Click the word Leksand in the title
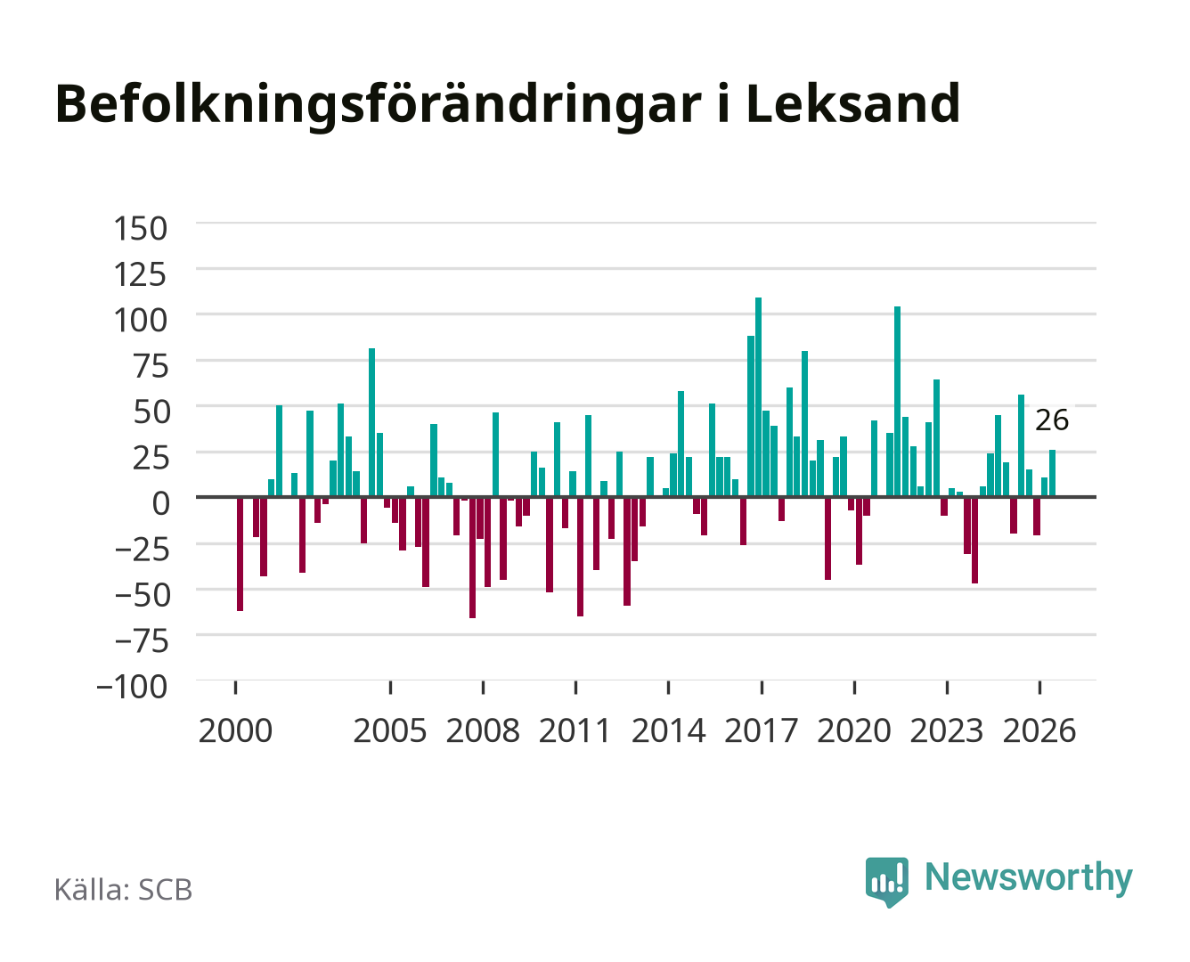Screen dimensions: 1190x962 point(852,103)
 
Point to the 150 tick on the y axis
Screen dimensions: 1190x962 point(140,229)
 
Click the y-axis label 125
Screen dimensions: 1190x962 point(140,274)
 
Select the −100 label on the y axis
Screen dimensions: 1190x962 point(132,687)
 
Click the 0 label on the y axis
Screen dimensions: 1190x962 point(161,503)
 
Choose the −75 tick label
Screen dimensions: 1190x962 point(142,640)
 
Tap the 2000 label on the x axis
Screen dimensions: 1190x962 point(235,730)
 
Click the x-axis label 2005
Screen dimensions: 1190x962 point(390,730)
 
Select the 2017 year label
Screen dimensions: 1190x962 point(761,730)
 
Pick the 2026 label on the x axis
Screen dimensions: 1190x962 point(1039,730)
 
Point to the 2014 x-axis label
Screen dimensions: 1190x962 point(668,730)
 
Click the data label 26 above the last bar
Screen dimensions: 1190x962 point(1051,420)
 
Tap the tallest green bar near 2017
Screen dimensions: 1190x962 point(758,396)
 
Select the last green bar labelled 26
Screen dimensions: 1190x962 point(1052,473)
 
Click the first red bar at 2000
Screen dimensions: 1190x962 point(240,554)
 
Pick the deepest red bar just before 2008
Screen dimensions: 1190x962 point(472,558)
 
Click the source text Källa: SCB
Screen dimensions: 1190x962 point(123,889)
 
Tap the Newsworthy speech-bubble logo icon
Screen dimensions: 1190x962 point(886,882)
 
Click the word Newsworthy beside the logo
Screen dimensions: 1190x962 point(1029,878)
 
